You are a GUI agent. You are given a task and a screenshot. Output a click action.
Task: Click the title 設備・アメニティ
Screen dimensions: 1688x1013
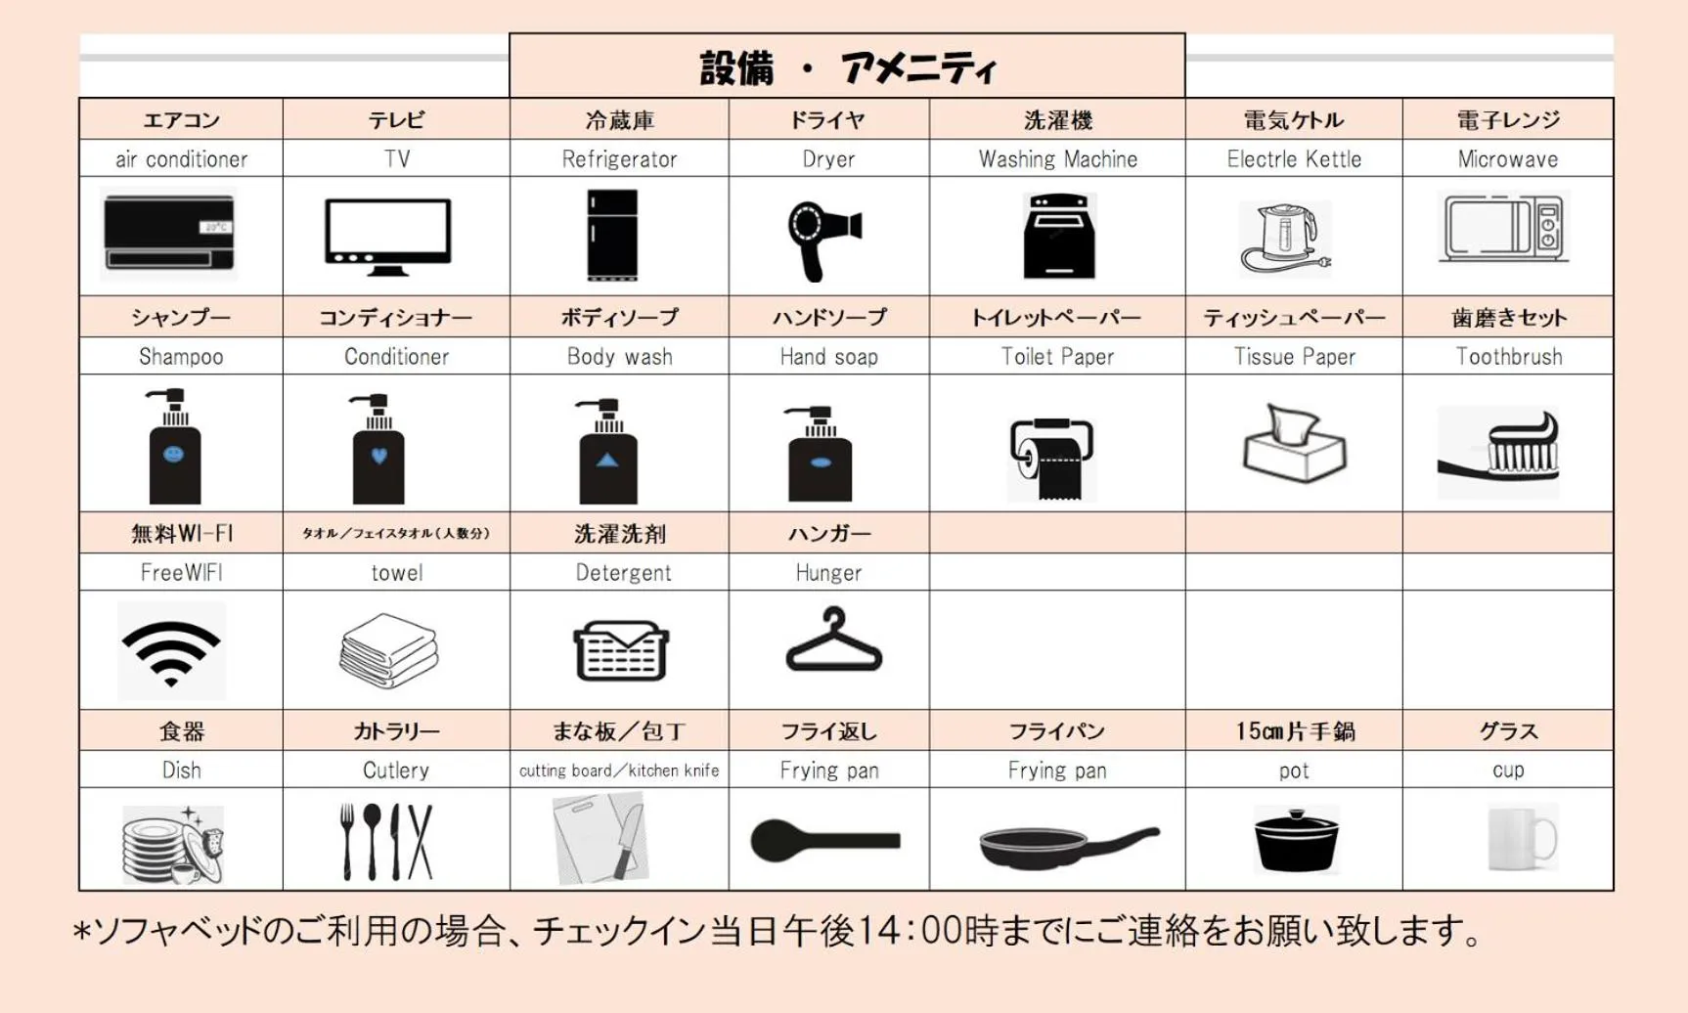847,68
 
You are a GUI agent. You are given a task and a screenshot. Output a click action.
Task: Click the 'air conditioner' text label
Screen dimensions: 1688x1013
181,159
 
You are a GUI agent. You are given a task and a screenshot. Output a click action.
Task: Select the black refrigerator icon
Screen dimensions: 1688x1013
612,236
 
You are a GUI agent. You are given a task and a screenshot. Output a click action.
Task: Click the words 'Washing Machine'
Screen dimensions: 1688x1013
1058,159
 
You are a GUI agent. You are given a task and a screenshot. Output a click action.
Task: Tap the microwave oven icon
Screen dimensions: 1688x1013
1504,228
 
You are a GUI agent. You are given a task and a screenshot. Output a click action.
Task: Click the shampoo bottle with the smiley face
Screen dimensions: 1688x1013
174,446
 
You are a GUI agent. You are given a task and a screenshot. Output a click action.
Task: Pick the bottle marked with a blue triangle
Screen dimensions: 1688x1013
607,451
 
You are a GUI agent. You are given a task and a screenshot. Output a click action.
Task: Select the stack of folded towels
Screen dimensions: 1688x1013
388,650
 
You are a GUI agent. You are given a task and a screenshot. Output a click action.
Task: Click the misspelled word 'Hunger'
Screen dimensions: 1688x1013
828,573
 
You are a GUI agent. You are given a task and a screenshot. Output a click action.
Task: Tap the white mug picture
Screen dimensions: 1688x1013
1522,837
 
